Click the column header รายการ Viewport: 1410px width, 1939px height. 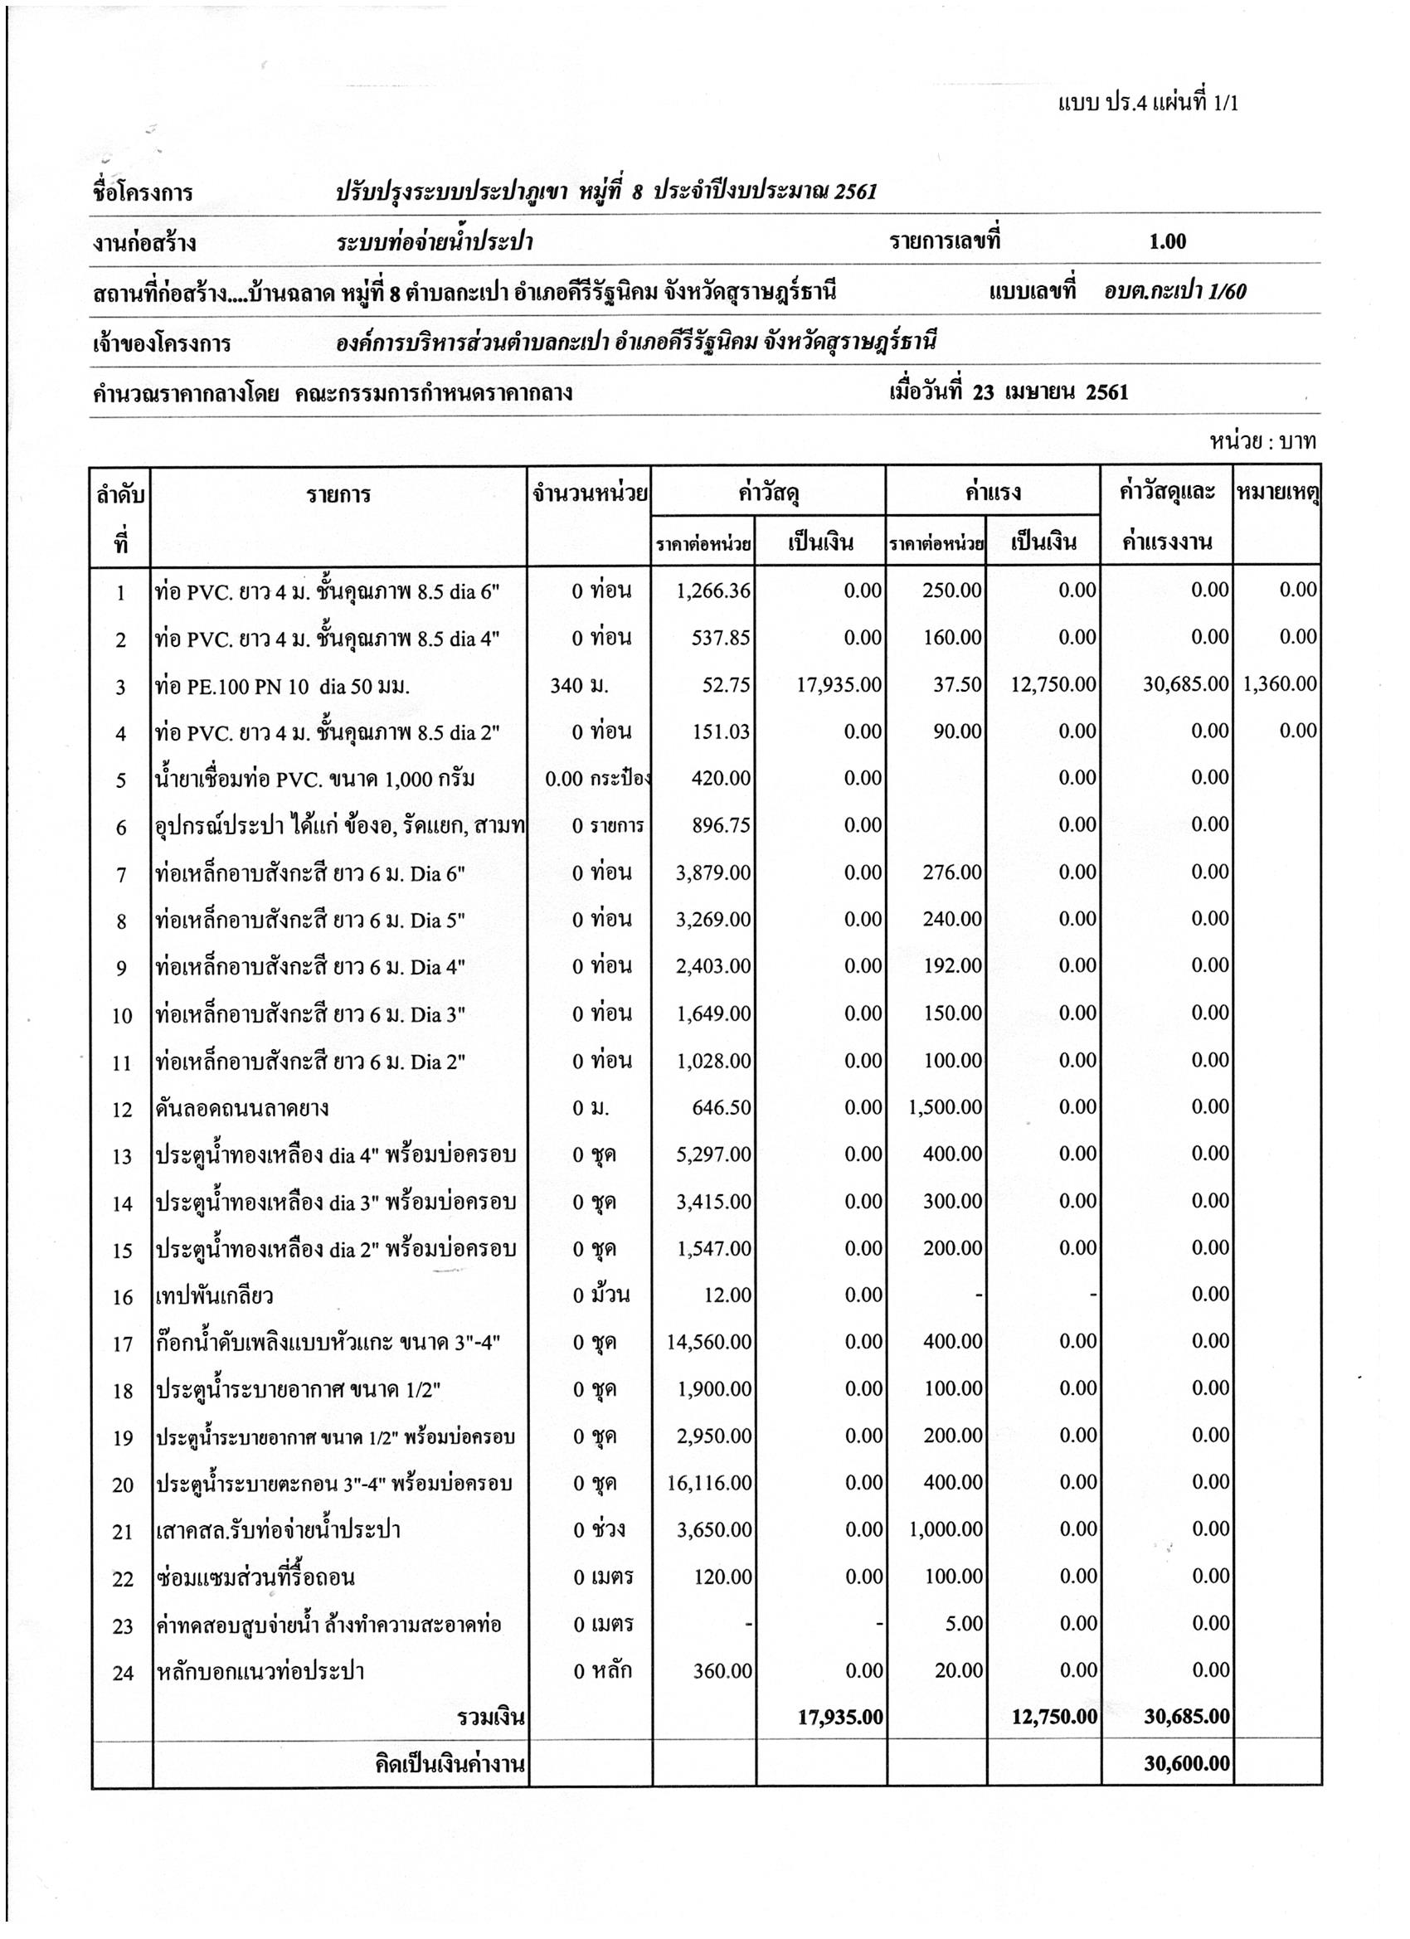pyautogui.click(x=338, y=495)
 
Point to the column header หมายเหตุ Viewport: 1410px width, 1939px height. pyautogui.click(x=1277, y=493)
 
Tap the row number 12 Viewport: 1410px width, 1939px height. pyautogui.click(x=122, y=1110)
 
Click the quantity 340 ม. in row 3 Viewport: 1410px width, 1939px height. pyautogui.click(x=580, y=686)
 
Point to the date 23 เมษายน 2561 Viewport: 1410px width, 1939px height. pyautogui.click(x=1050, y=392)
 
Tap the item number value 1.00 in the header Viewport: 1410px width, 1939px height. pyautogui.click(x=1167, y=242)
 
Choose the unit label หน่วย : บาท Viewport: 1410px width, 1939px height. pyautogui.click(x=1262, y=442)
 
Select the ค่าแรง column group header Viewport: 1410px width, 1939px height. pyautogui.click(x=992, y=493)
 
